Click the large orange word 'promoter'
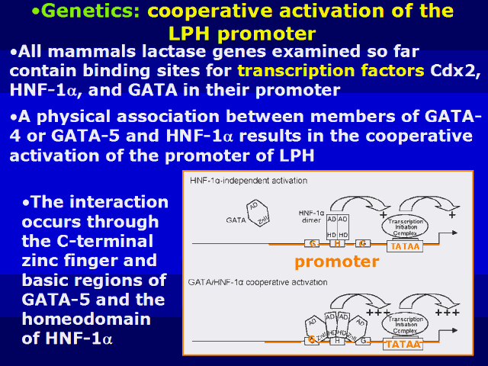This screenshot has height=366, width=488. click(x=336, y=262)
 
